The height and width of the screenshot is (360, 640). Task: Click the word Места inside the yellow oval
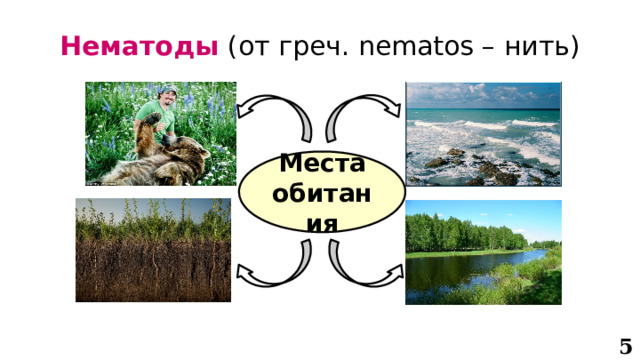(322, 163)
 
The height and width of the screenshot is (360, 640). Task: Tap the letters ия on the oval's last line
(321, 226)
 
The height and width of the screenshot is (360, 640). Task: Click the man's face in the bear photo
(167, 102)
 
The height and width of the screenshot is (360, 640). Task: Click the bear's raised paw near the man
(151, 124)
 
